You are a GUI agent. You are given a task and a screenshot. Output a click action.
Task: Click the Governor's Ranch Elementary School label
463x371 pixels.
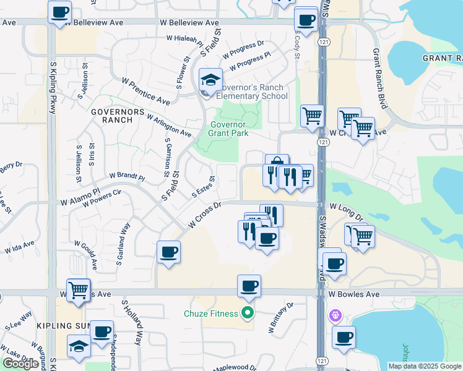(x=251, y=92)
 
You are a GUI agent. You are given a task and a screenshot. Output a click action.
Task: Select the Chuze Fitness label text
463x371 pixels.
(x=210, y=313)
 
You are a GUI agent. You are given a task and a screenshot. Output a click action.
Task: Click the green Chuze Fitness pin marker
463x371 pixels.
(x=248, y=313)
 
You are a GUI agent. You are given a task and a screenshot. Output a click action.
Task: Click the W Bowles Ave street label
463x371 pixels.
(x=354, y=294)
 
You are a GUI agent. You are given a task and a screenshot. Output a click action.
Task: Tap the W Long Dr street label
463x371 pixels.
(x=347, y=211)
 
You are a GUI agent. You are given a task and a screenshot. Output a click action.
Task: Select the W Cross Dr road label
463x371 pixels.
(x=205, y=216)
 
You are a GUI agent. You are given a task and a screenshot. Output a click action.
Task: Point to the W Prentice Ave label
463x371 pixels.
(x=145, y=91)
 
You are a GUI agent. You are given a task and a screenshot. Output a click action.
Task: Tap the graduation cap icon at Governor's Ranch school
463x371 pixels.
(x=211, y=79)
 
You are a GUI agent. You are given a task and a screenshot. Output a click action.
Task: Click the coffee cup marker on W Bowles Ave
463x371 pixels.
(x=249, y=286)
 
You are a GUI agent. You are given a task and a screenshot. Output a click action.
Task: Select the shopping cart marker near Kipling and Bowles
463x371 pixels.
(x=79, y=289)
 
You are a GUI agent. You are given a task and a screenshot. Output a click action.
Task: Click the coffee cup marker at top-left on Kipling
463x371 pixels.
(x=59, y=12)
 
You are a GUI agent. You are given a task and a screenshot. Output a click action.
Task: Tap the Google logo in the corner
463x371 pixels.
(x=20, y=364)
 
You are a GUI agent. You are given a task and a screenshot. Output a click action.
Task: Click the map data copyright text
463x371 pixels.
(x=424, y=366)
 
